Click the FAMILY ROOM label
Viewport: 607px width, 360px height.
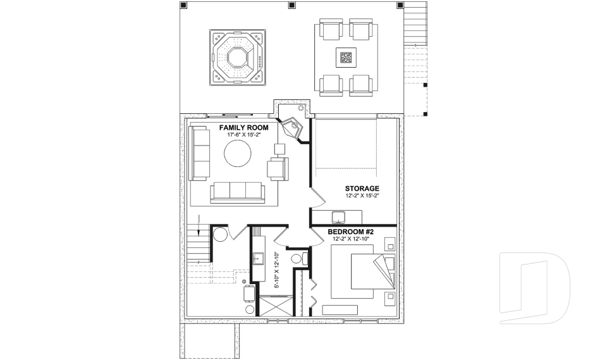click(243, 128)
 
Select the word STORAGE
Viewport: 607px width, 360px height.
click(362, 189)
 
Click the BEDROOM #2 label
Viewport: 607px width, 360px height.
click(350, 232)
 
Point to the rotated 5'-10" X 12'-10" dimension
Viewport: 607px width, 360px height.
click(277, 270)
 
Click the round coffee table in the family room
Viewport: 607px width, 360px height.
click(237, 154)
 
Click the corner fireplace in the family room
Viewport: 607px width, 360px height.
click(293, 128)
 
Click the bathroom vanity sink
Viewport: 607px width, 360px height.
click(258, 259)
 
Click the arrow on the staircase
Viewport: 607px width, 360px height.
click(199, 225)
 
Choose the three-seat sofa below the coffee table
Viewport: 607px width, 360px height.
click(237, 192)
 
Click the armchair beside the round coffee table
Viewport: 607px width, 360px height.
click(278, 168)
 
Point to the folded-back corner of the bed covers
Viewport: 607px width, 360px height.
click(384, 270)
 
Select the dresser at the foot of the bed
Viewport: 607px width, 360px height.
click(340, 310)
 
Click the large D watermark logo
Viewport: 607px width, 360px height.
click(535, 287)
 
